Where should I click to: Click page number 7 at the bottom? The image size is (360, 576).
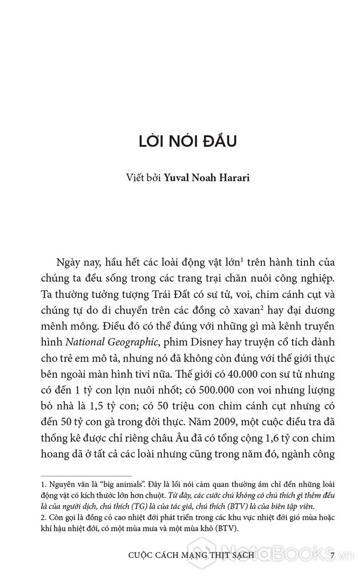333,556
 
